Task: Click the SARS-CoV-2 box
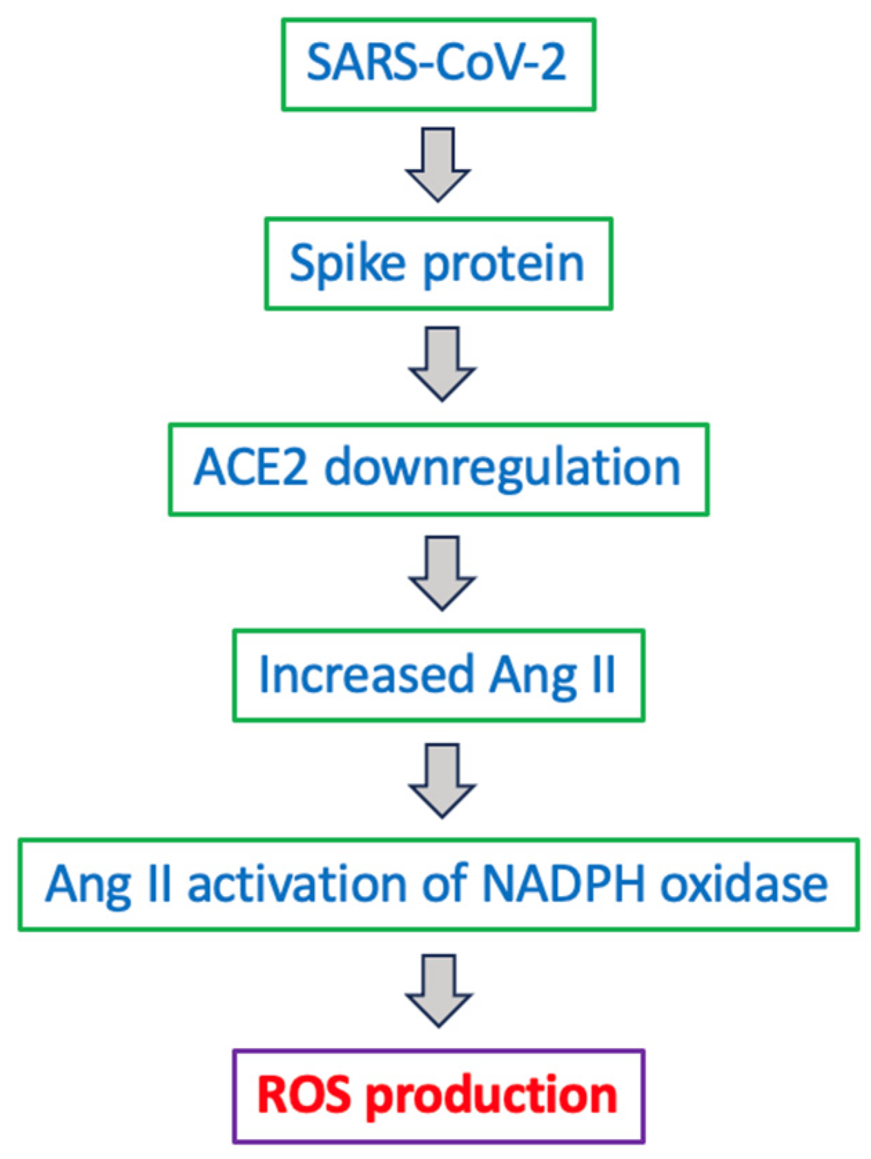438,64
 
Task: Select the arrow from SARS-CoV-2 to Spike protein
438,164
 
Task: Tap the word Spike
347,264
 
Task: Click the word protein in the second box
503,264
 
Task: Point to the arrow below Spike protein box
442,364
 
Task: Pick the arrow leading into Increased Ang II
442,573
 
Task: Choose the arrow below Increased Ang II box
442,780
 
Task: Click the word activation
297,884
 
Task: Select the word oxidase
743,884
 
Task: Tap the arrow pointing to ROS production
439,990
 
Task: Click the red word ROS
304,1095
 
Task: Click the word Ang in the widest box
88,885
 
